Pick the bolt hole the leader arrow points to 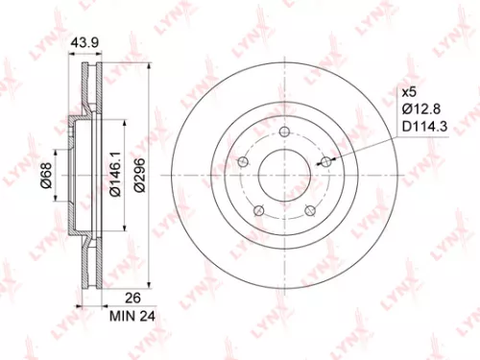point(326,161)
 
